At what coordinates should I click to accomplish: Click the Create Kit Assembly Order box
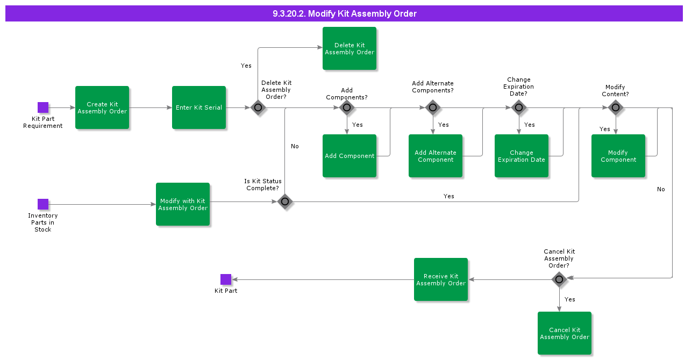(102, 107)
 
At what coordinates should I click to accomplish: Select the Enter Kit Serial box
(199, 107)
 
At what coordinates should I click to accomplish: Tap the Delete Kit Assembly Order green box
(349, 48)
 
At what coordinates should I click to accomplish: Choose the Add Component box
(349, 156)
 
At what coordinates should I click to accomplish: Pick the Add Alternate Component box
(436, 156)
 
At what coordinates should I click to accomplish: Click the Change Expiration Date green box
(522, 156)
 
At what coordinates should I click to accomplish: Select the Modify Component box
(618, 156)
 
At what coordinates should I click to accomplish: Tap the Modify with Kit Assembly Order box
(183, 204)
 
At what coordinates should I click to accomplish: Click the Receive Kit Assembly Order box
(441, 279)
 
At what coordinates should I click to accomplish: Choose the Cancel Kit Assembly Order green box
(565, 333)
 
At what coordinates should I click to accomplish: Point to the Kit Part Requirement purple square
(43, 107)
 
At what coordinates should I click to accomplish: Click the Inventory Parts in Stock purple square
(43, 204)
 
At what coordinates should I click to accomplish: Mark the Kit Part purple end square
(226, 279)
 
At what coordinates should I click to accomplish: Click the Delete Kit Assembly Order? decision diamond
(258, 107)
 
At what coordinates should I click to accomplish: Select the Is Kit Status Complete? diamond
(285, 201)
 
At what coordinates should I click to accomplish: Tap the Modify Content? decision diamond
(616, 107)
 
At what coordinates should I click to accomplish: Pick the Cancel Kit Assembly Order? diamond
(559, 279)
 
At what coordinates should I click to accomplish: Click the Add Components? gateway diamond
(347, 107)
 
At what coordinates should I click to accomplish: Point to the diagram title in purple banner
(344, 14)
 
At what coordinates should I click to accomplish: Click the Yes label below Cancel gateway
(570, 299)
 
